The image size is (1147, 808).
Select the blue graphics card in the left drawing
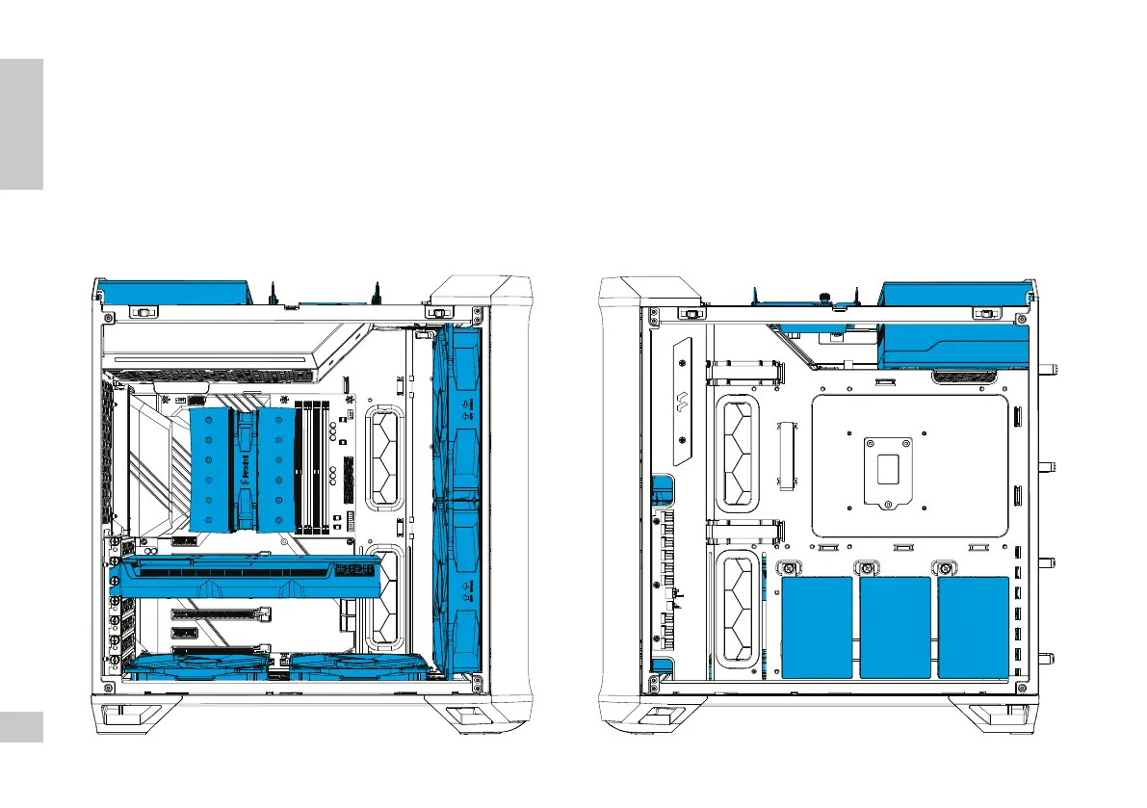coord(246,576)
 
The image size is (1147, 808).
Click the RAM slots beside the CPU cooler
coord(310,468)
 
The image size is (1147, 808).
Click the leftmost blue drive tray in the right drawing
coord(818,627)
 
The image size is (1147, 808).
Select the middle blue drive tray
coord(895,627)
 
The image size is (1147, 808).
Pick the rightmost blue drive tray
coord(973,627)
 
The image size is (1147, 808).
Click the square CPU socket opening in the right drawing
coord(886,470)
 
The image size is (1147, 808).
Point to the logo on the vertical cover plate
coord(683,402)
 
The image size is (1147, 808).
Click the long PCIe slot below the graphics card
coord(222,613)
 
